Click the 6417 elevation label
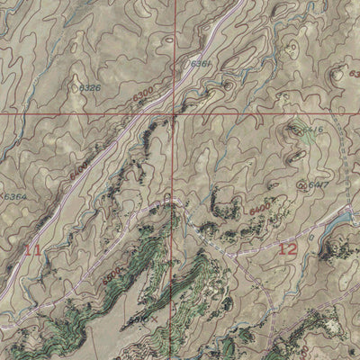pos(316,184)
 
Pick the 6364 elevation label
pos(13,196)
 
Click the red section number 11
pos(32,249)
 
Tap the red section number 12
pos(287,248)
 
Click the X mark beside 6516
pos(154,318)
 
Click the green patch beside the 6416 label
pos(300,129)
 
